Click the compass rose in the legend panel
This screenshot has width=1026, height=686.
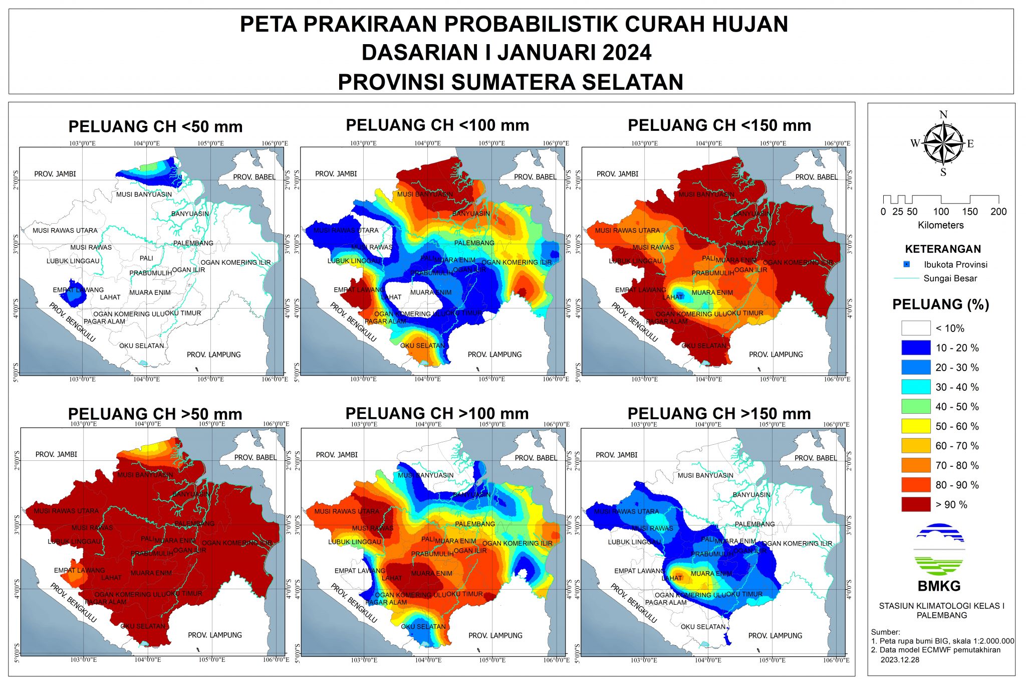pos(943,144)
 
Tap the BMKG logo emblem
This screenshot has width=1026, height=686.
pos(939,549)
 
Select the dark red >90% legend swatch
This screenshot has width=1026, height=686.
pos(915,504)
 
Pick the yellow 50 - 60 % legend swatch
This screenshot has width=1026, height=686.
pos(915,426)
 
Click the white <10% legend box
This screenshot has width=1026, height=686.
pos(915,328)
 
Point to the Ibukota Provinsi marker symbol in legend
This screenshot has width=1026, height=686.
pos(906,264)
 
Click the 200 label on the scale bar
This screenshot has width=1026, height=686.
pos(998,212)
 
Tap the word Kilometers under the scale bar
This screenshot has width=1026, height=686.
pos(940,225)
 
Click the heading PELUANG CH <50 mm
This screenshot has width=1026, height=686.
pos(155,126)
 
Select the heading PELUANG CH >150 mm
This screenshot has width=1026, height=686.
pos(719,414)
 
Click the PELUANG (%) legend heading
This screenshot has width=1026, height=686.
pos(940,304)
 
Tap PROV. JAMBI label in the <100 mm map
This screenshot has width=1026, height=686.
pos(336,174)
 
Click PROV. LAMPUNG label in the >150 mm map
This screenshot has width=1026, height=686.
pos(775,635)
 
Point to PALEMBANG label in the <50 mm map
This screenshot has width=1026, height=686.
pos(193,243)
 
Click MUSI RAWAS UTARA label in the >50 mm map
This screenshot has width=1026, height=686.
pos(66,511)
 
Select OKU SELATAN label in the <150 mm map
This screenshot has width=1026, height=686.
pos(703,346)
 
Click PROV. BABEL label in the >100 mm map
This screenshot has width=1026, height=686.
pos(535,458)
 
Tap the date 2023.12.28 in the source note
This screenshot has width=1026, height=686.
pos(900,659)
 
